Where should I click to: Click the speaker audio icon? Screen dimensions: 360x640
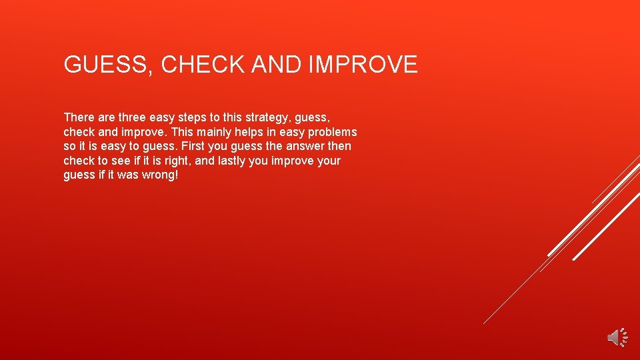coord(616,337)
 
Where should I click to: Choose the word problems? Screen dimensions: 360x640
coord(332,132)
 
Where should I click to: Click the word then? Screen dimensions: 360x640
coord(339,146)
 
